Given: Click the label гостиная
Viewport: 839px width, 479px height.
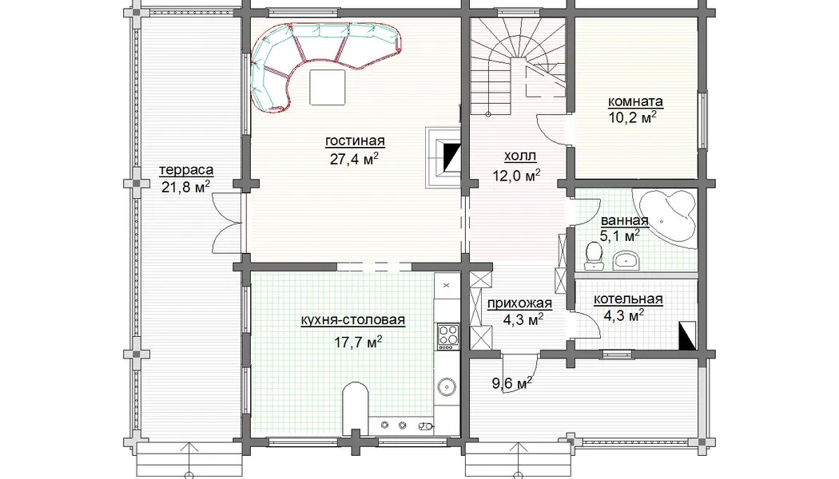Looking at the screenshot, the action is point(355,141).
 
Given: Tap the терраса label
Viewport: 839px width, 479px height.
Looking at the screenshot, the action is point(186,170).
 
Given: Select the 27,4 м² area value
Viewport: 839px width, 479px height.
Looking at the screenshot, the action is point(354,158).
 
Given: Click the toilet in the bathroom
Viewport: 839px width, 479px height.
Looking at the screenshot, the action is point(593,256).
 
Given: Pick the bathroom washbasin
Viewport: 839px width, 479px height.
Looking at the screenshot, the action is point(626,260).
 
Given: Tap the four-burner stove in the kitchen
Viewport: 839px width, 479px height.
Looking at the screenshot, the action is point(448,336).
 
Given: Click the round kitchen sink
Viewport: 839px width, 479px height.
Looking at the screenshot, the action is point(447,386).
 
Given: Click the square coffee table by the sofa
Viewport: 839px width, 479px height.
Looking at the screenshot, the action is point(328,86).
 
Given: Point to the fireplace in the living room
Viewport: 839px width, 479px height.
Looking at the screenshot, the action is point(443,157).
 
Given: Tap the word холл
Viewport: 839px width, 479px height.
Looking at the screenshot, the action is point(520,156).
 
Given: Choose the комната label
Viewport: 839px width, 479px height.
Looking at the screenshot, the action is point(635,101).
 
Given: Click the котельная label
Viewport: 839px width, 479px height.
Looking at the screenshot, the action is point(627,299).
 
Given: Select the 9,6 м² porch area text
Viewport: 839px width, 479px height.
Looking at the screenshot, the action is point(512,382).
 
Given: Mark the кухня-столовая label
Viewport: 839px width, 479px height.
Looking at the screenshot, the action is point(352,320).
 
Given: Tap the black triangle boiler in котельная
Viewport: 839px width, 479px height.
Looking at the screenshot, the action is point(687,336).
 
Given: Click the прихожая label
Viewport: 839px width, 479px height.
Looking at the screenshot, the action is point(519,303).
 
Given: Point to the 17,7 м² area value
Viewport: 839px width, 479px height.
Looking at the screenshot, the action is point(358,342).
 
